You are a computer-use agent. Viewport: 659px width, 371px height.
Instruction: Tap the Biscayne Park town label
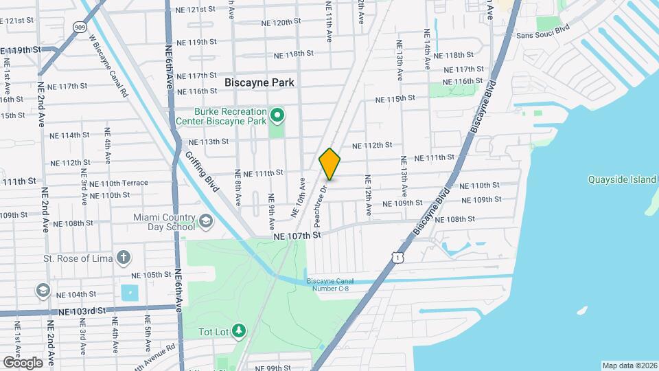point(260,82)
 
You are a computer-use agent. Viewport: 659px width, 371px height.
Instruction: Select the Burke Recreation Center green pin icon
point(277,115)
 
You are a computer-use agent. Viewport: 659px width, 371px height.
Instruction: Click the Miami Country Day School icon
point(206,222)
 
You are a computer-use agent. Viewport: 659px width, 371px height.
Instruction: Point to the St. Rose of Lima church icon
point(123,258)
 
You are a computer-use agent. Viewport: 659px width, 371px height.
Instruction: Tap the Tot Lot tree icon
point(239,331)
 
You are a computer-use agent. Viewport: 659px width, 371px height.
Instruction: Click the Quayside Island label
point(622,180)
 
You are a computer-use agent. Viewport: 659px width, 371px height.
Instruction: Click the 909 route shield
point(80,27)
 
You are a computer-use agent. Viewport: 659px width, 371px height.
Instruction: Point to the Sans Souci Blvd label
point(543,34)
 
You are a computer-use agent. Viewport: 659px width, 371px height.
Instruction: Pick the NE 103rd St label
point(82,311)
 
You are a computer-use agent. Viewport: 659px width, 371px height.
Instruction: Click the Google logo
point(23,362)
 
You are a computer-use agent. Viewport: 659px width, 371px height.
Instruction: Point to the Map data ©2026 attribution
point(629,366)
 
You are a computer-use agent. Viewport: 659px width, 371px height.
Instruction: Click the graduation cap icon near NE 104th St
point(43,291)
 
